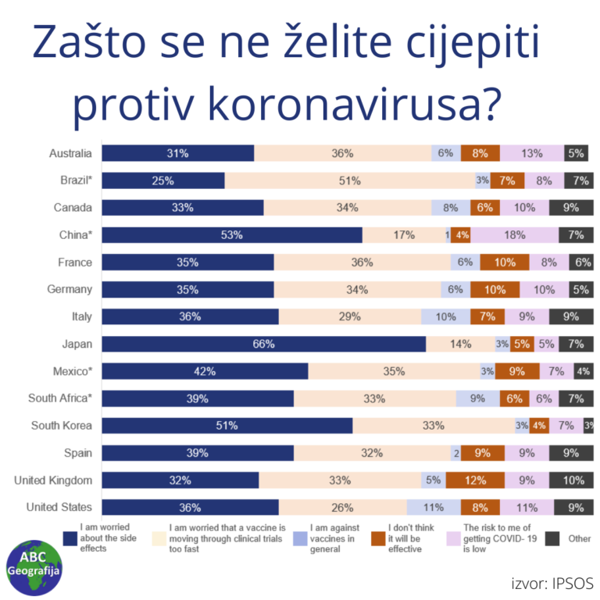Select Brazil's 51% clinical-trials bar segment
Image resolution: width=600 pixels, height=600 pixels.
click(x=349, y=180)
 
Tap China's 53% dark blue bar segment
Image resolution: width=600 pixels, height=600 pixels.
click(x=232, y=235)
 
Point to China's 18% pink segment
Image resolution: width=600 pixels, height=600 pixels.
click(x=515, y=235)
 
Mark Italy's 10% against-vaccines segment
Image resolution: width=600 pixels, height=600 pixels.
click(x=445, y=316)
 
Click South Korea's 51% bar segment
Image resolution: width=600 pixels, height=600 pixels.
click(x=227, y=426)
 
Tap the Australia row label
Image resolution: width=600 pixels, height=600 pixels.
click(x=70, y=153)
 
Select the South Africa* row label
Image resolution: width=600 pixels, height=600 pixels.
click(x=60, y=398)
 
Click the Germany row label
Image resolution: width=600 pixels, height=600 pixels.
click(x=70, y=289)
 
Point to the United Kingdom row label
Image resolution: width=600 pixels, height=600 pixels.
click(x=53, y=480)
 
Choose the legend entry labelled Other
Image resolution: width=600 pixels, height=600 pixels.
click(x=579, y=538)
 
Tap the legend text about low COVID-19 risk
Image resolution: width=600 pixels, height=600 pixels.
click(x=494, y=538)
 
